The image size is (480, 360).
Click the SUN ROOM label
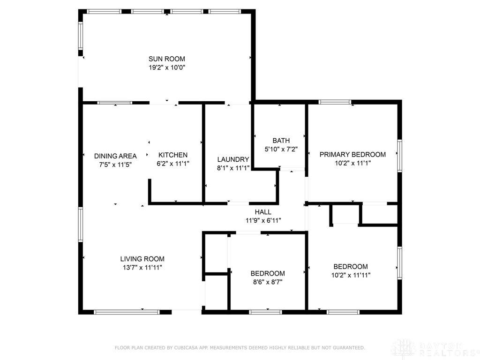point(166,59)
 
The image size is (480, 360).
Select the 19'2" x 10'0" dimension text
point(166,67)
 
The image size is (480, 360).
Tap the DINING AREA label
point(115,156)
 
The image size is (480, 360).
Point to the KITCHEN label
point(173,155)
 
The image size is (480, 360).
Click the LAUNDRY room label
point(233,159)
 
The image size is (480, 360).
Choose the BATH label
point(281,141)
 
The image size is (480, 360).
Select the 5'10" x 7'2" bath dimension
point(281,150)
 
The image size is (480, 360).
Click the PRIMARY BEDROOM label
point(352,155)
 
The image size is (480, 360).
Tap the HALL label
point(263,212)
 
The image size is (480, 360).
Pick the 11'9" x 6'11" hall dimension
point(263,220)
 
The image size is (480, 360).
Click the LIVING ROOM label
point(142,259)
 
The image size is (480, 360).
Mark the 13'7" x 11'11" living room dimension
point(142,268)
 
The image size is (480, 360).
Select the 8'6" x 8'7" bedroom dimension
point(267,282)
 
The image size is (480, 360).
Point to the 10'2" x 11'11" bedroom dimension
point(351,276)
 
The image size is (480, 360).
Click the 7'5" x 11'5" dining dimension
point(115,165)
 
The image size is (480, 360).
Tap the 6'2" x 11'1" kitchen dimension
point(173,164)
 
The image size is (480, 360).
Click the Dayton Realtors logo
point(434,348)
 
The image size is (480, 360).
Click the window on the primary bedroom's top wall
point(335,102)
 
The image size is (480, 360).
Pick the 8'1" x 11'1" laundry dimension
point(233,168)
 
